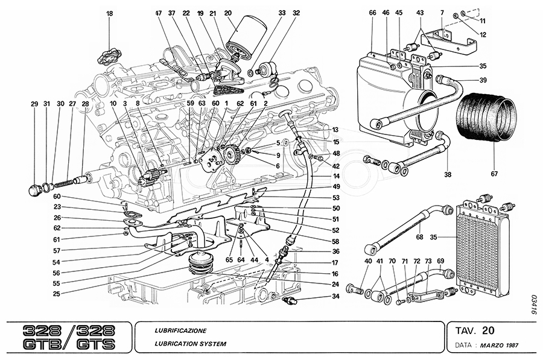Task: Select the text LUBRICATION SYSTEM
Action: [x=190, y=344]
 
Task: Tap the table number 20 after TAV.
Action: [x=489, y=330]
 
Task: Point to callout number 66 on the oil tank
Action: [x=372, y=13]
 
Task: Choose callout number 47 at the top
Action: [x=159, y=13]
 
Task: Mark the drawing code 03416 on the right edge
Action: [x=534, y=305]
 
